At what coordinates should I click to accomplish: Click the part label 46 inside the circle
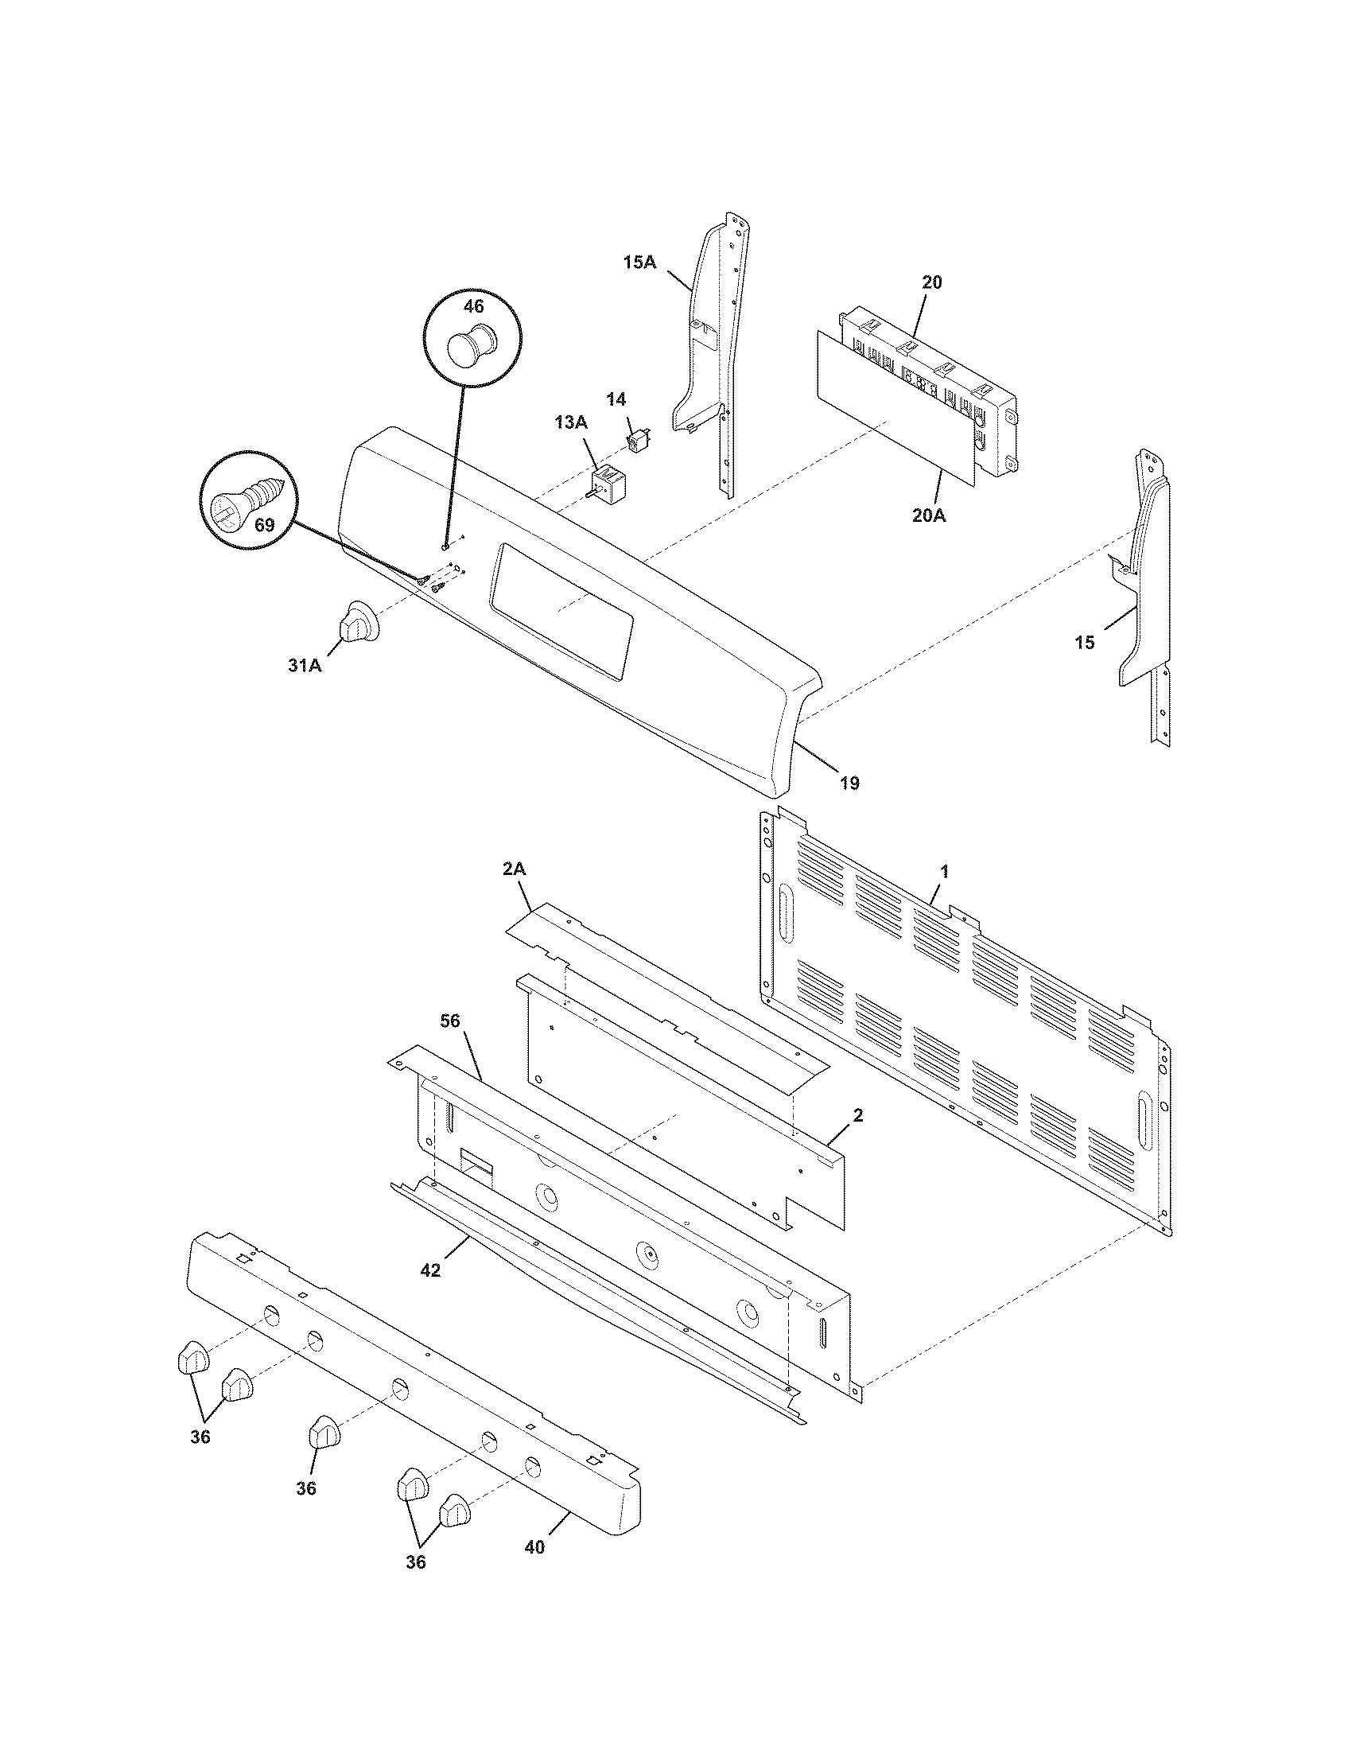click(473, 306)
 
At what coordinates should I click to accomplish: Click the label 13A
click(570, 422)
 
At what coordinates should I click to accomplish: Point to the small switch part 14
click(639, 440)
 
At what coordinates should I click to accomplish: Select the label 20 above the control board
click(931, 282)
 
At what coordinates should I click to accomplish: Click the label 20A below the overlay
click(928, 516)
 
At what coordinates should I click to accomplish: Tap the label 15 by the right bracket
click(1084, 643)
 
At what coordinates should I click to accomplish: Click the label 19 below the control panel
click(850, 783)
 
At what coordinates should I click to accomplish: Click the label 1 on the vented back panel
click(944, 871)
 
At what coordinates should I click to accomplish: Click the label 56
click(451, 1021)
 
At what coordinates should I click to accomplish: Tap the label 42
click(430, 1270)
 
